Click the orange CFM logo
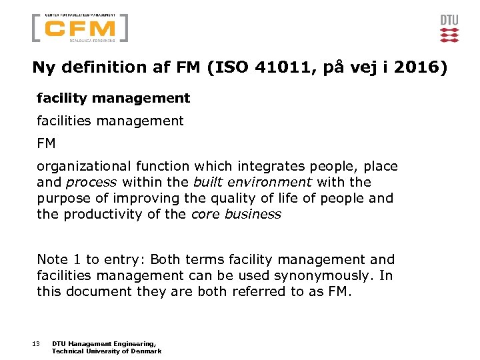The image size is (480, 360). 81,29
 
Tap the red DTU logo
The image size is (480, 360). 449,29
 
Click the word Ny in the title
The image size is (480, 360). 43,67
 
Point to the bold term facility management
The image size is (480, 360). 113,98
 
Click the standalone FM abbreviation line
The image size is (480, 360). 46,143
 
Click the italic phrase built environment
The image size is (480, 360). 253,182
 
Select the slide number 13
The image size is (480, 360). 35,343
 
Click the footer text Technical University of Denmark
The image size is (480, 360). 107,351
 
